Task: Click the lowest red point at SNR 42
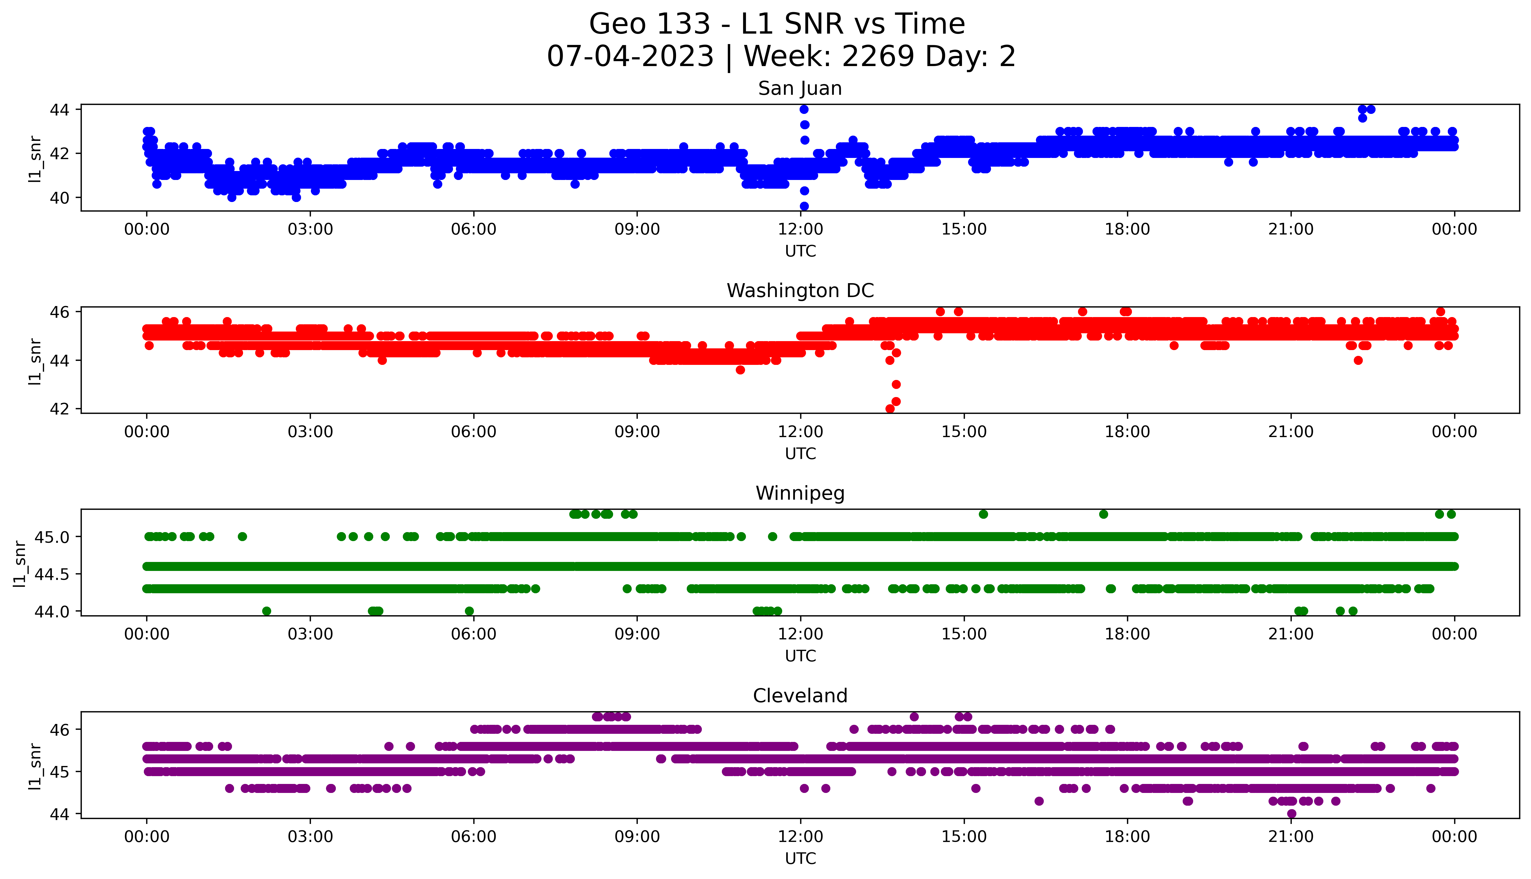pos(889,409)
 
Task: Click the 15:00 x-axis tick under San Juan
pos(964,230)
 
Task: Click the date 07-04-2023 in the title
pos(630,57)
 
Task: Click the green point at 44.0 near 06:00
pos(469,611)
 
